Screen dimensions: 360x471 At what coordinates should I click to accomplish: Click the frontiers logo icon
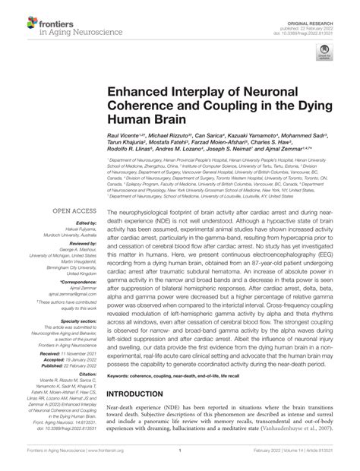[x=20, y=15]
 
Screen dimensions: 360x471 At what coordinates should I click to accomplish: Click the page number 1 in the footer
[x=180, y=461]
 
